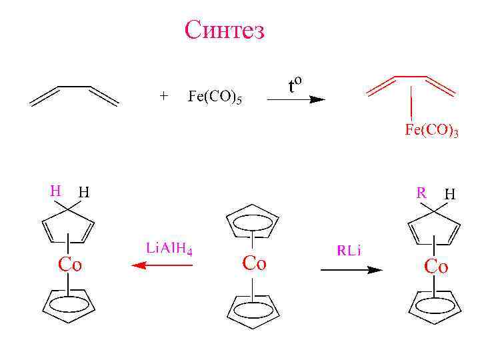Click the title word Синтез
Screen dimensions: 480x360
click(225, 30)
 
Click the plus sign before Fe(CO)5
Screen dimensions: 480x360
click(164, 95)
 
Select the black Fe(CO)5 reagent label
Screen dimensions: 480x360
click(215, 97)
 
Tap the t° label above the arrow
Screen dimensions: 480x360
click(295, 85)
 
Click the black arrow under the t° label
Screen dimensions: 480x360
click(295, 100)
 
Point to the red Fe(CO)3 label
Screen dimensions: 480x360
click(431, 131)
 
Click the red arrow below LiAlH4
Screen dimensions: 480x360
click(163, 265)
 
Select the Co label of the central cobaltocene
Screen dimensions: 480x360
click(254, 263)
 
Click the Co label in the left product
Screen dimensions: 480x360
click(70, 265)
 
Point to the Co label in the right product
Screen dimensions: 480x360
click(437, 267)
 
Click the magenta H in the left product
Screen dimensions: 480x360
click(56, 190)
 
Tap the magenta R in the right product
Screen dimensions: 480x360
click(421, 193)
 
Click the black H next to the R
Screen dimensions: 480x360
click(450, 195)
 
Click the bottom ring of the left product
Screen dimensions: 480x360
click(69, 304)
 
